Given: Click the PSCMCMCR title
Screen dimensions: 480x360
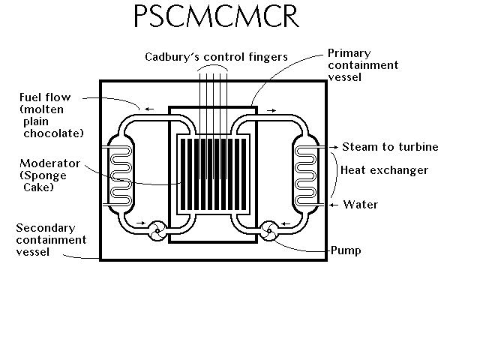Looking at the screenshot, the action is click(x=217, y=16).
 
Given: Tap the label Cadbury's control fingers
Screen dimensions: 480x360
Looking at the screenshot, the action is click(x=216, y=57).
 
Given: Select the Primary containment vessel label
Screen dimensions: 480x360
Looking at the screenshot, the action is click(x=363, y=65).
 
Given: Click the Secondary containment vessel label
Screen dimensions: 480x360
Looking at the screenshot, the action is click(x=51, y=240).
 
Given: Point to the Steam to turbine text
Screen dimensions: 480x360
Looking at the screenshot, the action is click(x=390, y=147).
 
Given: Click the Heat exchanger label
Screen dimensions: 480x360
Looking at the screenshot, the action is click(x=384, y=170).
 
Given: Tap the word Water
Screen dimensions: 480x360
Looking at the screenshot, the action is click(x=361, y=205).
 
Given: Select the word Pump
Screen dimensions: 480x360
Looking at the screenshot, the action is click(x=346, y=250).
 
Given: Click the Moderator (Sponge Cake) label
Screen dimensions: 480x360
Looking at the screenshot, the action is click(x=50, y=175).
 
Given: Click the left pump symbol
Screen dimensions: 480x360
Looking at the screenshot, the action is click(x=157, y=231).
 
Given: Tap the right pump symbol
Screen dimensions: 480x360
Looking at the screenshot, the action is click(x=269, y=231).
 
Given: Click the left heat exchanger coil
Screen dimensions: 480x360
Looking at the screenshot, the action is click(x=121, y=175).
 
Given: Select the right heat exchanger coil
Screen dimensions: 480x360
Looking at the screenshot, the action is click(x=305, y=175).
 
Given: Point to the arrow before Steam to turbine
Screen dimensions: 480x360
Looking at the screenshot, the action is click(x=334, y=147).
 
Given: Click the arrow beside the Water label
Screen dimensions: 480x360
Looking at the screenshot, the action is click(x=334, y=205).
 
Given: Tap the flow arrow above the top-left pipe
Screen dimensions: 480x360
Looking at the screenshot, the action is click(x=149, y=109).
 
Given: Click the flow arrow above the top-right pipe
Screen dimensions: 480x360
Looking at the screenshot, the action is click(x=271, y=110).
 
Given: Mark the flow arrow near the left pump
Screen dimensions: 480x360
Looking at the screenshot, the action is click(x=141, y=223).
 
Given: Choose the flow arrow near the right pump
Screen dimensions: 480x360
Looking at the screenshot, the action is click(x=286, y=223).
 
